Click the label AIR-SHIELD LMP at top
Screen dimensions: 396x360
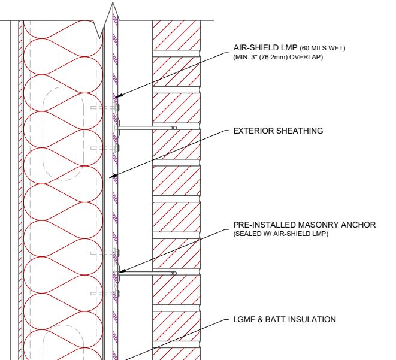click(x=265, y=47)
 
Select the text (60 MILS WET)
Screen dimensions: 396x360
click(x=322, y=48)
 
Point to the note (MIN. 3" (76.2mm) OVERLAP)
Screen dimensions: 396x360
click(x=278, y=57)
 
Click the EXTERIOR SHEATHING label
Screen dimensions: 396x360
click(x=278, y=131)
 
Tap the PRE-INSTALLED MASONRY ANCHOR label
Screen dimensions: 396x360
click(x=304, y=225)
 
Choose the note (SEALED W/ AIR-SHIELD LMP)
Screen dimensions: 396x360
click(x=281, y=234)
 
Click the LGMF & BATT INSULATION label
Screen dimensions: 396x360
click(x=285, y=319)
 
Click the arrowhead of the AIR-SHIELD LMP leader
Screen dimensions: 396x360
click(x=119, y=95)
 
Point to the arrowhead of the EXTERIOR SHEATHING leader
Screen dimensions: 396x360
click(x=113, y=176)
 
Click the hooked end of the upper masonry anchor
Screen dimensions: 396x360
click(x=174, y=128)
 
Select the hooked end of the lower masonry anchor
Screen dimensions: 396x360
click(x=174, y=273)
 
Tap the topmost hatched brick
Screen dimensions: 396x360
click(x=176, y=35)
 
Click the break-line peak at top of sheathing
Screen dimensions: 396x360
click(x=113, y=3)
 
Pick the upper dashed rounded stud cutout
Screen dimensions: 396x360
click(x=63, y=134)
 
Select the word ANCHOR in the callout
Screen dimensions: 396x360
click(x=358, y=225)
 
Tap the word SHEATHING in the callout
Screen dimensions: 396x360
click(x=300, y=131)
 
